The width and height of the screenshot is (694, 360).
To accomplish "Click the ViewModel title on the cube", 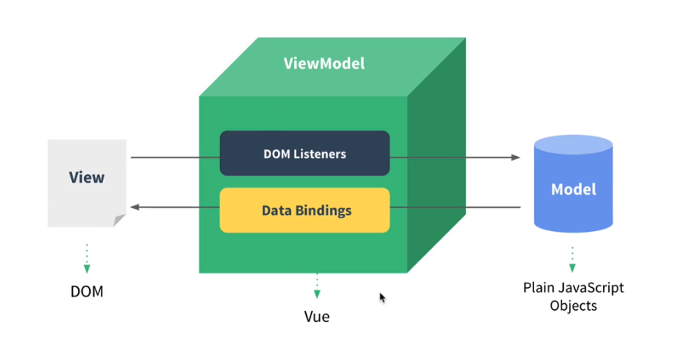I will click(324, 64).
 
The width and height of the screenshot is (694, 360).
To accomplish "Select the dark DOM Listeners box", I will click(305, 153).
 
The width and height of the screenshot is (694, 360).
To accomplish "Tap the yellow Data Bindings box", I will click(305, 210).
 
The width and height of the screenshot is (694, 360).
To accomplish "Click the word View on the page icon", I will click(86, 177).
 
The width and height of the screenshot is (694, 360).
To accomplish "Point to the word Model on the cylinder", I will click(573, 189).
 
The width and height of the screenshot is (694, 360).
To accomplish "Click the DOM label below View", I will click(86, 291).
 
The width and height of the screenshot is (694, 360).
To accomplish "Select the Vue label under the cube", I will click(317, 316).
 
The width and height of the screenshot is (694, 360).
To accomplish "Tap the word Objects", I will click(574, 306).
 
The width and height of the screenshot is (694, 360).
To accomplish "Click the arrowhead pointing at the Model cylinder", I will click(516, 158).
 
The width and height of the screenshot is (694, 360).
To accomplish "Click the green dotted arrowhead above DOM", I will click(86, 268).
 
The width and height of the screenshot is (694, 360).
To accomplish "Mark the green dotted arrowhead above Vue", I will click(317, 294).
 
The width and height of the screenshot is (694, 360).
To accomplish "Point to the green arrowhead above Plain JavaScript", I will click(573, 267).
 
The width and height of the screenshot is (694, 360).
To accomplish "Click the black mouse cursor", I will click(383, 298).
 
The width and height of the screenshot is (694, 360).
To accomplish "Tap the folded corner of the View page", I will click(119, 221).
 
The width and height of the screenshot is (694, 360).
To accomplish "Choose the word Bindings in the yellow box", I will click(324, 210).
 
